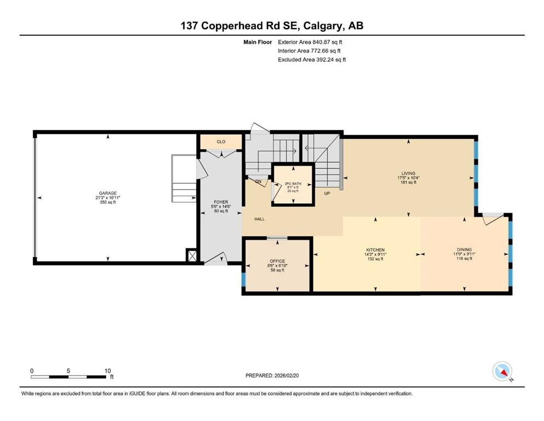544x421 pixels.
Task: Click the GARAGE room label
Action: pyautogui.click(x=107, y=193)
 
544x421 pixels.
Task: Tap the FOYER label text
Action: pyautogui.click(x=221, y=202)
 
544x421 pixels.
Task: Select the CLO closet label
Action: pyautogui.click(x=221, y=141)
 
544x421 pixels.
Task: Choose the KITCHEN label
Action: pyautogui.click(x=375, y=249)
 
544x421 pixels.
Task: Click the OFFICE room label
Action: pyautogui.click(x=277, y=261)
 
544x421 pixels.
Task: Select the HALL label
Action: pyautogui.click(x=259, y=219)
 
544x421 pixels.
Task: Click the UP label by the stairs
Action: pyautogui.click(x=327, y=194)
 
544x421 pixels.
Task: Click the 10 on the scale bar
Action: pyautogui.click(x=108, y=370)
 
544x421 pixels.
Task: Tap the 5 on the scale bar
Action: pyautogui.click(x=68, y=370)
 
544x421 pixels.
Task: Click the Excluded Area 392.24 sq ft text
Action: pyautogui.click(x=312, y=59)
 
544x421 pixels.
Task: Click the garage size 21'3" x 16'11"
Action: pyautogui.click(x=107, y=198)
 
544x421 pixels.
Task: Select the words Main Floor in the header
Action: pyautogui.click(x=257, y=42)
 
